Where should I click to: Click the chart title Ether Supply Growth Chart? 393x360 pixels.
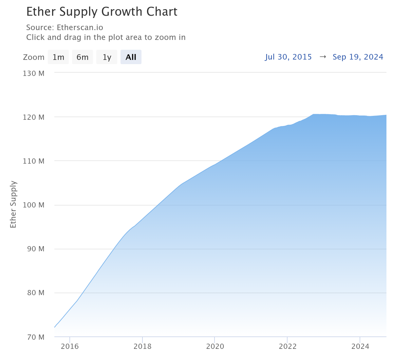tap(102, 12)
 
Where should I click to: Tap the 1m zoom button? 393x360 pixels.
tap(58, 57)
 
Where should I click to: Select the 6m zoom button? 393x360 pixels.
tap(83, 57)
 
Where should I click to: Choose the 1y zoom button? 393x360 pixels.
tap(107, 57)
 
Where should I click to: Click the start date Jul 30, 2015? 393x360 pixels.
tap(288, 57)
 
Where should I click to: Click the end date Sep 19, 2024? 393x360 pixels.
tap(358, 57)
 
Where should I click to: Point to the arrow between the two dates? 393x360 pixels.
tap(323, 57)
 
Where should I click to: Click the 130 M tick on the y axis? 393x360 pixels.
tap(33, 73)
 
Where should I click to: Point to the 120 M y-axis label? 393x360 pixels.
tap(33, 117)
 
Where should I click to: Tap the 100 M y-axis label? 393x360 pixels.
tap(33, 205)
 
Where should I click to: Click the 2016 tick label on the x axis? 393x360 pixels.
tap(70, 346)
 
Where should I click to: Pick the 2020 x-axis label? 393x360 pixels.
tap(215, 346)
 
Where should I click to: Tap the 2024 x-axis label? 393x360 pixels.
tap(360, 346)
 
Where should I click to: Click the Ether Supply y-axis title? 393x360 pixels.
tap(13, 205)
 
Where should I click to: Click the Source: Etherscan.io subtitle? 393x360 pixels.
tap(65, 27)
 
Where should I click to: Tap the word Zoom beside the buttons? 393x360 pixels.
tap(33, 57)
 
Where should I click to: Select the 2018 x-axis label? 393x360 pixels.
tap(142, 346)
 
